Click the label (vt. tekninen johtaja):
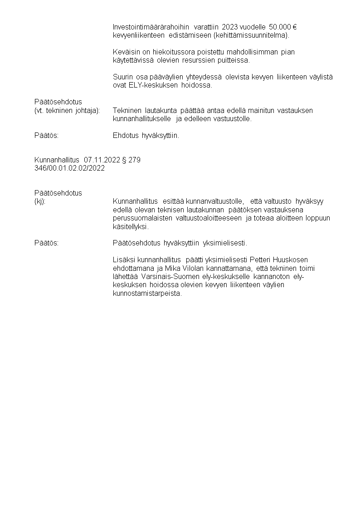(x=67, y=110)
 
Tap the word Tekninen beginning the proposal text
(x=127, y=110)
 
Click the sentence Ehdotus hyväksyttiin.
(x=146, y=135)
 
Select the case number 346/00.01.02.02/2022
(x=70, y=168)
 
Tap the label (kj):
(x=40, y=201)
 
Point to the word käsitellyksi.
(x=129, y=226)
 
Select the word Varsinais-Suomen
(x=170, y=276)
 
